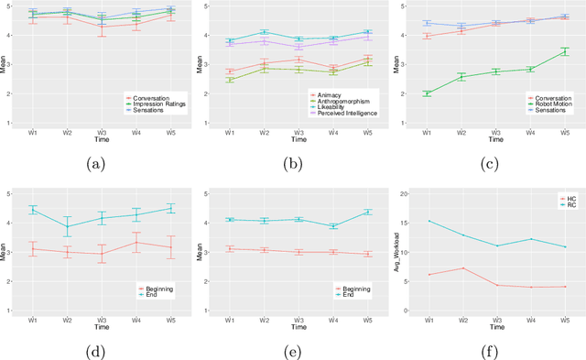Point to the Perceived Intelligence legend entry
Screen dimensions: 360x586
pos(351,115)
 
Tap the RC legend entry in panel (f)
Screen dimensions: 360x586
pos(559,204)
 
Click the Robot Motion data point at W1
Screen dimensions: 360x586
pos(427,93)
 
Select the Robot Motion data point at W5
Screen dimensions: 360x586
pos(564,52)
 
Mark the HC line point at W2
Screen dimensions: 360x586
pos(461,268)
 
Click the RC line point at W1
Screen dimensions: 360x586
pos(428,221)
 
